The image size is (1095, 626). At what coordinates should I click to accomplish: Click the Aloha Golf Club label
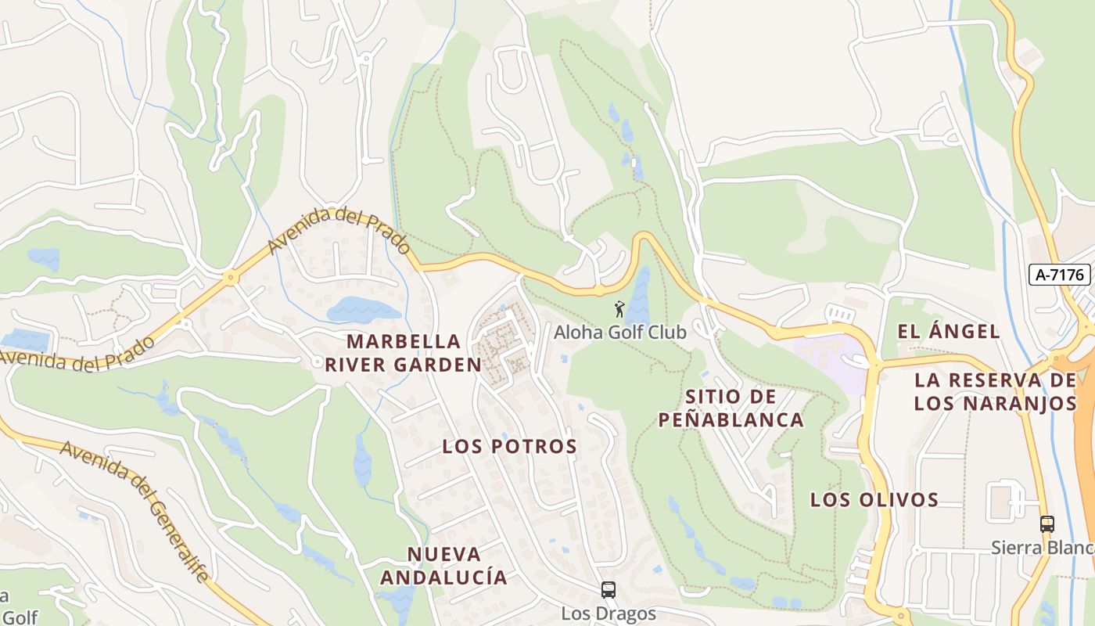pos(620,332)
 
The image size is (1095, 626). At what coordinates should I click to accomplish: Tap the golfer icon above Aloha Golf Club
pos(619,308)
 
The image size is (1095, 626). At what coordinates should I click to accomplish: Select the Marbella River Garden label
pos(404,353)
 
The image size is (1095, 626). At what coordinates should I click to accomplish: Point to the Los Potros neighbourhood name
pos(509,447)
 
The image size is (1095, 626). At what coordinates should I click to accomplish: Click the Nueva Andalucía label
pos(443,566)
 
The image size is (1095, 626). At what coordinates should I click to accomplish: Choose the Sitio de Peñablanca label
pos(731,408)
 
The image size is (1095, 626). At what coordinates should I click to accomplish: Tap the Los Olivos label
pos(874,499)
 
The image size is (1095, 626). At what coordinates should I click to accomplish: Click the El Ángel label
pos(948,331)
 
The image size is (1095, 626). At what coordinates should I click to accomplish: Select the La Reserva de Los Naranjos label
pos(995,392)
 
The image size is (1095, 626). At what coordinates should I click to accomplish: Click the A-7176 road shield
pos(1060,274)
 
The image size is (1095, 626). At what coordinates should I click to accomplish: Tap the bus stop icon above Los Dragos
pos(608,589)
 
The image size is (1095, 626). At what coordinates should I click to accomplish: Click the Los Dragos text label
pos(608,613)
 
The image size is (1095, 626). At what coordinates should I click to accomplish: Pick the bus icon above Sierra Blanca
pos(1047,523)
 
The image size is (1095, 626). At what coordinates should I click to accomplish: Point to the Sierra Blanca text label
pos(1042,547)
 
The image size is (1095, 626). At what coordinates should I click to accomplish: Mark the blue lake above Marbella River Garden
pos(362,310)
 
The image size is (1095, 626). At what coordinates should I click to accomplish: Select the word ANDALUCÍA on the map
pos(443,577)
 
